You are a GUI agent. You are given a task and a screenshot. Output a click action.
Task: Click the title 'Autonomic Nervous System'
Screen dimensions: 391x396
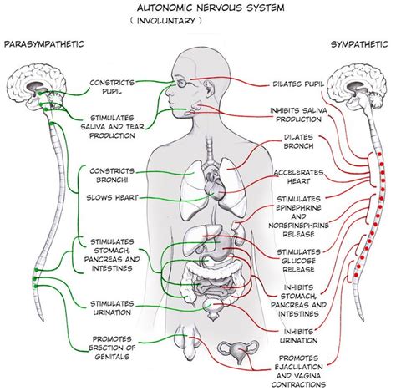tap(199, 8)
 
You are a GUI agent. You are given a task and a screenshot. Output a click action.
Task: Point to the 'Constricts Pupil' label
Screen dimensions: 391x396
tap(114, 87)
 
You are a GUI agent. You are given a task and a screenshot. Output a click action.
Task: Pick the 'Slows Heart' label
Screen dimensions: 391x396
tap(113, 198)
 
